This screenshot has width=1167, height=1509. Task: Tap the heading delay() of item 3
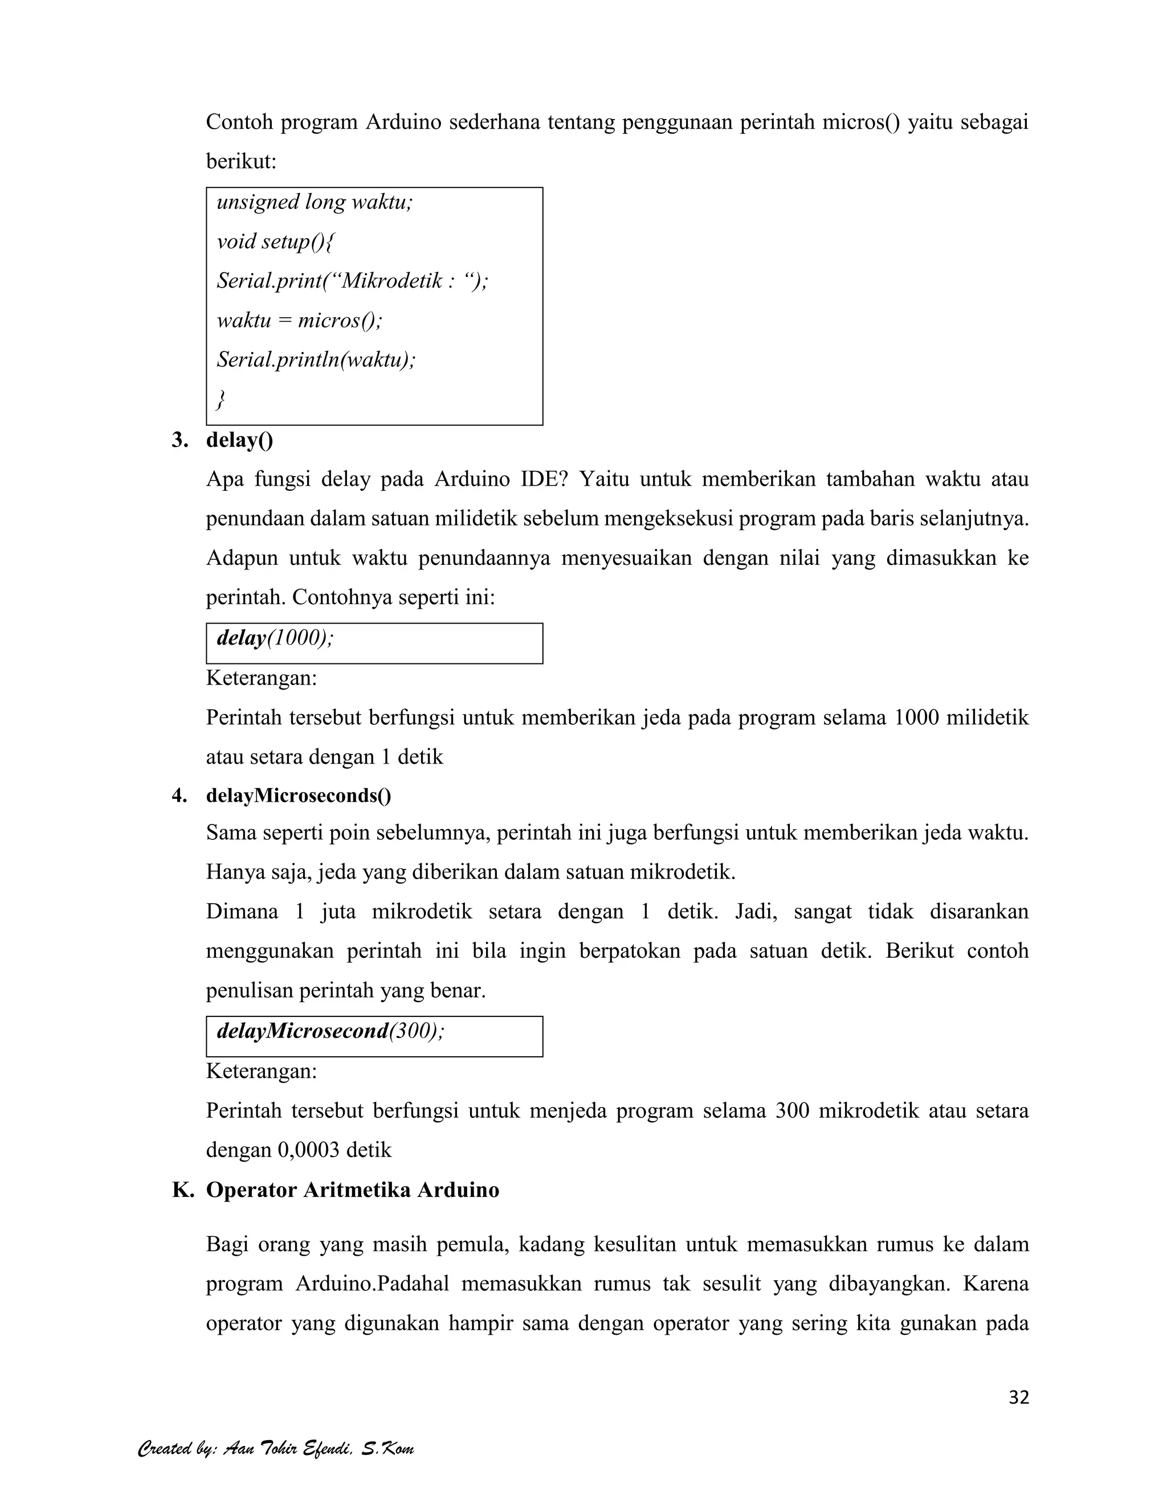point(239,440)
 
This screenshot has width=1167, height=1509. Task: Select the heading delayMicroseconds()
point(298,795)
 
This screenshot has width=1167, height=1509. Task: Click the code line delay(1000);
point(275,638)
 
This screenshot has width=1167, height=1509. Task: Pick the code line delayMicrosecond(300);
point(330,1031)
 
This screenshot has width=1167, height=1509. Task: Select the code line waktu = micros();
point(299,320)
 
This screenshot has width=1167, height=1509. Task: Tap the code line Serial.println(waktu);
point(316,359)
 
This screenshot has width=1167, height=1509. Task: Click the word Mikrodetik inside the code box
point(393,281)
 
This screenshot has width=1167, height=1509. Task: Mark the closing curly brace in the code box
point(221,399)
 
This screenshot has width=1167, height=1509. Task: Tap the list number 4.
point(179,795)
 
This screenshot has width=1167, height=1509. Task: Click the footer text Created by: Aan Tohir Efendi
point(276,1448)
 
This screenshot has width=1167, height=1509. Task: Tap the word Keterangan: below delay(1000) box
point(262,678)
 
